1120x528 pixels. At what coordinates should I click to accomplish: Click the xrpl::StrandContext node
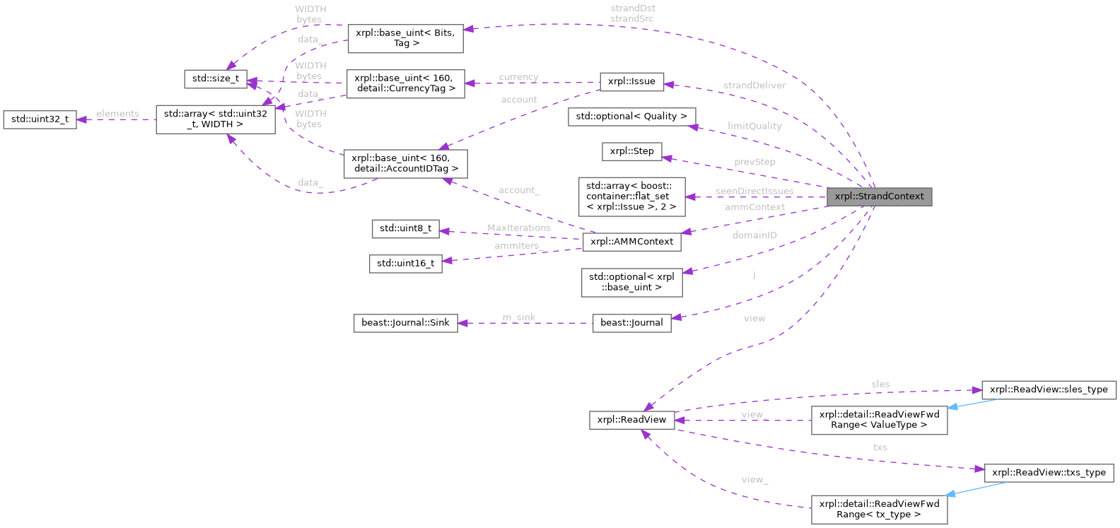click(x=879, y=196)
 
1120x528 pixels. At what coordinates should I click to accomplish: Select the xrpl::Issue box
click(x=631, y=81)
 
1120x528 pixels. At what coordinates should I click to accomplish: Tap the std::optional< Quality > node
click(x=631, y=116)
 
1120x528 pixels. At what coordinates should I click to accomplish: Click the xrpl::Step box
click(x=631, y=151)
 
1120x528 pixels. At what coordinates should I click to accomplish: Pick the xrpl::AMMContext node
click(x=631, y=242)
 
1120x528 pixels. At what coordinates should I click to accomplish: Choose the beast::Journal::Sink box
click(x=405, y=323)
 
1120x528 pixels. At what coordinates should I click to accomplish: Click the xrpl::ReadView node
click(x=631, y=420)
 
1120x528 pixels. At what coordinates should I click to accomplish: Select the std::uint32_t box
click(x=40, y=119)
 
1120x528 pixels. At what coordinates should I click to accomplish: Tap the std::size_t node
click(x=215, y=78)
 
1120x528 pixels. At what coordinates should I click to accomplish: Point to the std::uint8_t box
click(x=405, y=228)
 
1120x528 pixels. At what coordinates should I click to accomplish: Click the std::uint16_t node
click(x=405, y=264)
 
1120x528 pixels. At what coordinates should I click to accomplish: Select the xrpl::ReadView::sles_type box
click(x=1049, y=389)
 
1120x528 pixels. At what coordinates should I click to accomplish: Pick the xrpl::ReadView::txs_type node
click(x=1049, y=473)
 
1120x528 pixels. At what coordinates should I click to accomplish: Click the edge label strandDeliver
click(x=754, y=86)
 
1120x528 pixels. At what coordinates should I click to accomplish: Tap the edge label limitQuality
click(x=754, y=126)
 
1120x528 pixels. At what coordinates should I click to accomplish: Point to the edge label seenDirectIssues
click(x=754, y=191)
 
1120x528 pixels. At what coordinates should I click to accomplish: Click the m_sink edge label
click(x=519, y=317)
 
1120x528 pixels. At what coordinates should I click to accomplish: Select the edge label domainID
click(x=754, y=235)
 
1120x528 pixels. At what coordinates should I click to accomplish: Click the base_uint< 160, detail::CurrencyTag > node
click(x=405, y=83)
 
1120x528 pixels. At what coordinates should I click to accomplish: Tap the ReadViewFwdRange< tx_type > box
click(x=879, y=509)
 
